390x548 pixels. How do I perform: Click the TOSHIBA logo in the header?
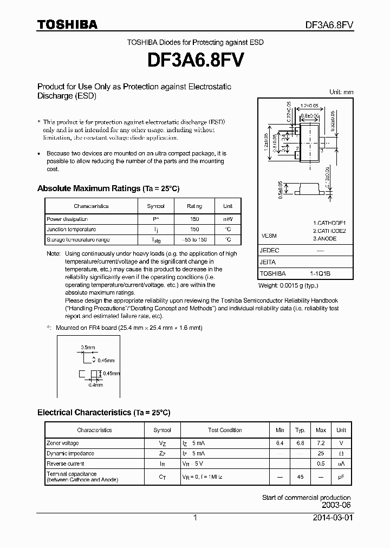tap(67, 25)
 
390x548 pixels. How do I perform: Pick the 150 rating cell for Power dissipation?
tap(194, 219)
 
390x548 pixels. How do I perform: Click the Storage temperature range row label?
tap(78, 239)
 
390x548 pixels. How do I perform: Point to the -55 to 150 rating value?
tap(194, 239)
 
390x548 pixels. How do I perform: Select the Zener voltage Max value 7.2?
tap(321, 443)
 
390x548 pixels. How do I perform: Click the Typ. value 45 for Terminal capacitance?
tap(300, 477)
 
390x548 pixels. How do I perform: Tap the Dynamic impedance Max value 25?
tap(321, 453)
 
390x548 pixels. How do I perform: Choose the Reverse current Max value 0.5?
tap(321, 464)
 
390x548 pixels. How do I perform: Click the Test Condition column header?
tap(225, 430)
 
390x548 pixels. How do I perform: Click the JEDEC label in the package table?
tap(269, 251)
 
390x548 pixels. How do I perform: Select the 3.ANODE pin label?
tap(324, 238)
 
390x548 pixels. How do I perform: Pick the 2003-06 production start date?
tap(336, 505)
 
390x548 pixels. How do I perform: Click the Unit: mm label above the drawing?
tap(341, 92)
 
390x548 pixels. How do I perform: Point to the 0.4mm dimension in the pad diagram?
tap(95, 385)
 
